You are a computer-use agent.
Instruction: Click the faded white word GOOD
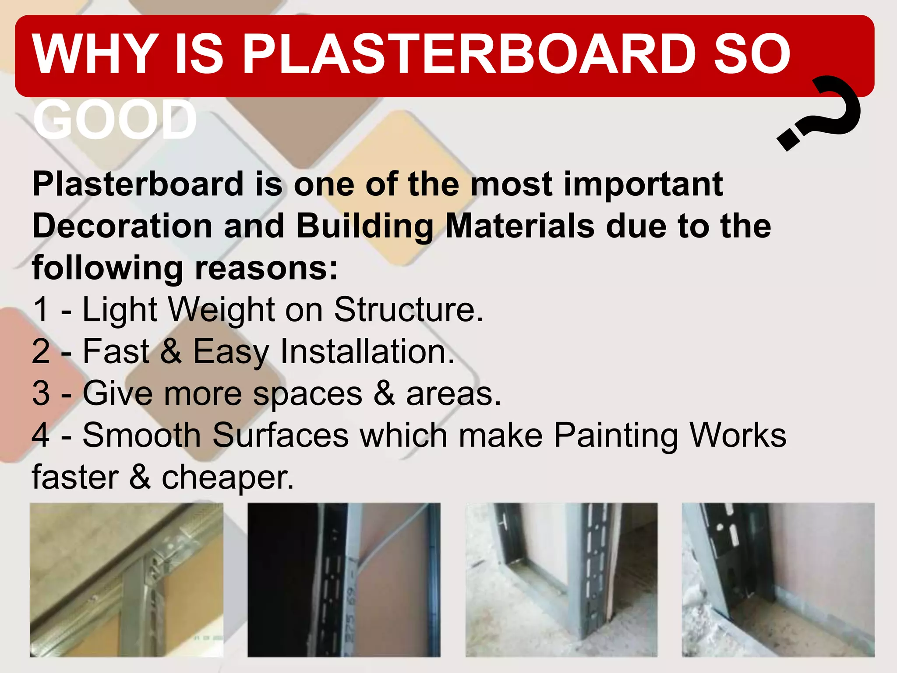(115, 120)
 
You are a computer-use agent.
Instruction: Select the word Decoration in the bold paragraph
(122, 226)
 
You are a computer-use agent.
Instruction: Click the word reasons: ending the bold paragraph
(266, 268)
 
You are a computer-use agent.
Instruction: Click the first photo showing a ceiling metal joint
(127, 580)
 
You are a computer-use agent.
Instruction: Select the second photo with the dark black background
(344, 580)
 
